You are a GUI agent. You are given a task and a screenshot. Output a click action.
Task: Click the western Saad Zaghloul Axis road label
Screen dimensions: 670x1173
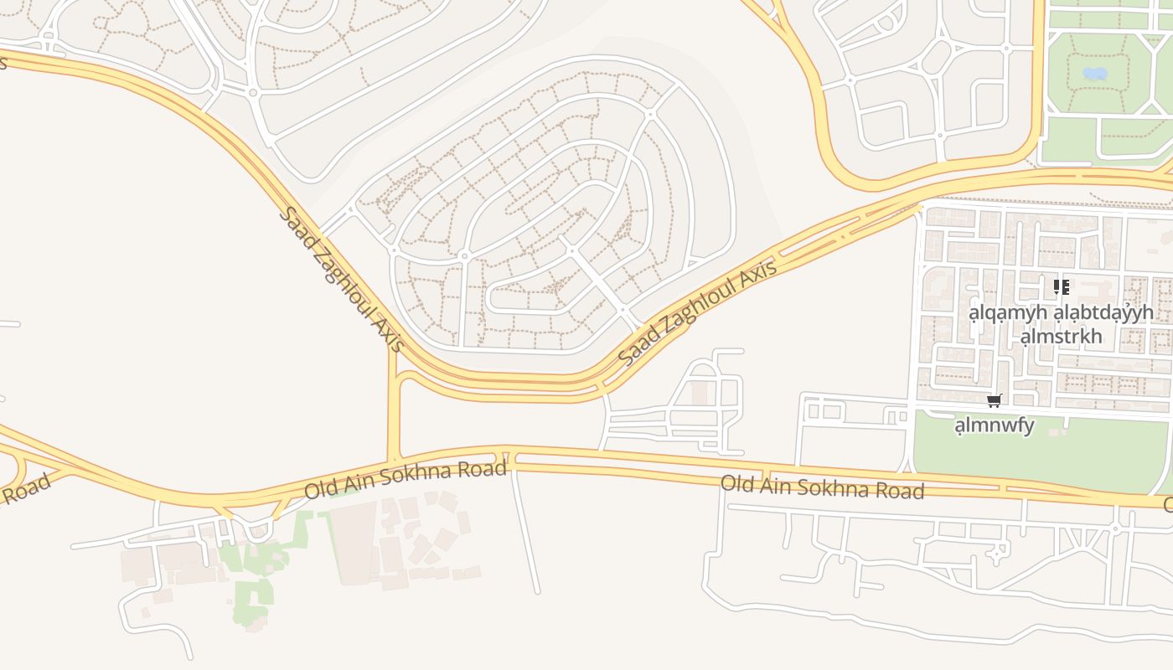click(x=342, y=279)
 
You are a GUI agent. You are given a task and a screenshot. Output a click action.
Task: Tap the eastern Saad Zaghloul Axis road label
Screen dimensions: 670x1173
click(x=698, y=312)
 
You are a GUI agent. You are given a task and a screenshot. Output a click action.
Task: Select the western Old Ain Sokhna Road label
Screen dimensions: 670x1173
click(x=406, y=479)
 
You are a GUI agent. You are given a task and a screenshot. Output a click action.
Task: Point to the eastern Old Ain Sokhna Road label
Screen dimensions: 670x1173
click(x=822, y=487)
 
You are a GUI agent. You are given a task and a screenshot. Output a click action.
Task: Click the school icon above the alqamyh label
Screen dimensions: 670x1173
click(x=1062, y=288)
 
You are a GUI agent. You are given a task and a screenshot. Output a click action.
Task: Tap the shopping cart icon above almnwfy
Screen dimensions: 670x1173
click(x=995, y=400)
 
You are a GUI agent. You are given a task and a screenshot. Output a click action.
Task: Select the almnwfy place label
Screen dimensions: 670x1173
click(x=995, y=425)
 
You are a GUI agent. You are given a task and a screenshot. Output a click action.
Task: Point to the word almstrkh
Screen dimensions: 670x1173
click(x=1061, y=337)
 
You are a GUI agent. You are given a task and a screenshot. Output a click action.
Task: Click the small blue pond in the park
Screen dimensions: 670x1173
click(x=1095, y=74)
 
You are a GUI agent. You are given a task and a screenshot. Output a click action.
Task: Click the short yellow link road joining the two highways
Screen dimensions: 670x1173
click(x=394, y=410)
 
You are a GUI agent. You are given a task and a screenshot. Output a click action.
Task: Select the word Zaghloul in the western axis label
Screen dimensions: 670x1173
click(x=344, y=281)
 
